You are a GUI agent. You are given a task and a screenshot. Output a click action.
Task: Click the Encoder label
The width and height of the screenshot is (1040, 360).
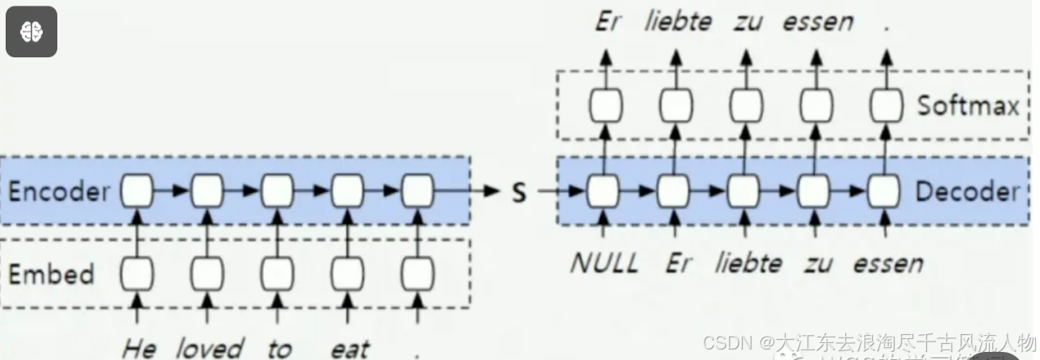58,192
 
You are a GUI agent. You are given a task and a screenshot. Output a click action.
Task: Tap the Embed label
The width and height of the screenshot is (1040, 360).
51,274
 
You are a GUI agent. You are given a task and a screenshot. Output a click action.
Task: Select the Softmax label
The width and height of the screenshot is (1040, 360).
967,106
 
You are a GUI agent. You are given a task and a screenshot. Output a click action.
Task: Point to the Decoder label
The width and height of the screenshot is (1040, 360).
967,192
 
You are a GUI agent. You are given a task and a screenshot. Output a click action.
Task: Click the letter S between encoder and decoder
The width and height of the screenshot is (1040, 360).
519,193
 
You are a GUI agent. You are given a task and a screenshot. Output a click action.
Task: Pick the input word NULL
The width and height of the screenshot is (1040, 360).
604,263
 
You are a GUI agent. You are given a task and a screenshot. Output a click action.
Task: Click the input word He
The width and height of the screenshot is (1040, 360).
138,349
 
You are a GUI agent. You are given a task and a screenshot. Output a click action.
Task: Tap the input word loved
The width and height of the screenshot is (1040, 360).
209,349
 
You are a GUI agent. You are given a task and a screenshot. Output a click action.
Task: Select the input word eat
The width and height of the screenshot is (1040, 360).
349,349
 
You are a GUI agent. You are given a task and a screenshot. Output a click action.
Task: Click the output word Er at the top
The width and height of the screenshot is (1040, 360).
607,22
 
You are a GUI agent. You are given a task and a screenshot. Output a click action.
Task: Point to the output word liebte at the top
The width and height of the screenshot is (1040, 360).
678,22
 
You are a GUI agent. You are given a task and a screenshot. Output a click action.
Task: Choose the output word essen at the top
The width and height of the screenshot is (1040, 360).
817,22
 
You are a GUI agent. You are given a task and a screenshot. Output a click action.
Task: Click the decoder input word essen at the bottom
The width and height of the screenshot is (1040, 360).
887,263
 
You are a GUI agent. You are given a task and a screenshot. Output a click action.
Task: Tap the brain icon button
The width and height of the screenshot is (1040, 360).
31,31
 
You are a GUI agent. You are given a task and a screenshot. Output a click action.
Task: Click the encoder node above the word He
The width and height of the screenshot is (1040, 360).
138,192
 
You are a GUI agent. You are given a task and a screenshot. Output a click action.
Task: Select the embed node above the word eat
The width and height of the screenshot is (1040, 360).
347,274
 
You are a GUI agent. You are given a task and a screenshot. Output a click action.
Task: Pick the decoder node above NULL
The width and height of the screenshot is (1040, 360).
604,192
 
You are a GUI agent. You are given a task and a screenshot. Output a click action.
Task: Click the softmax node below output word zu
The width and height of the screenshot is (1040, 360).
745,106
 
